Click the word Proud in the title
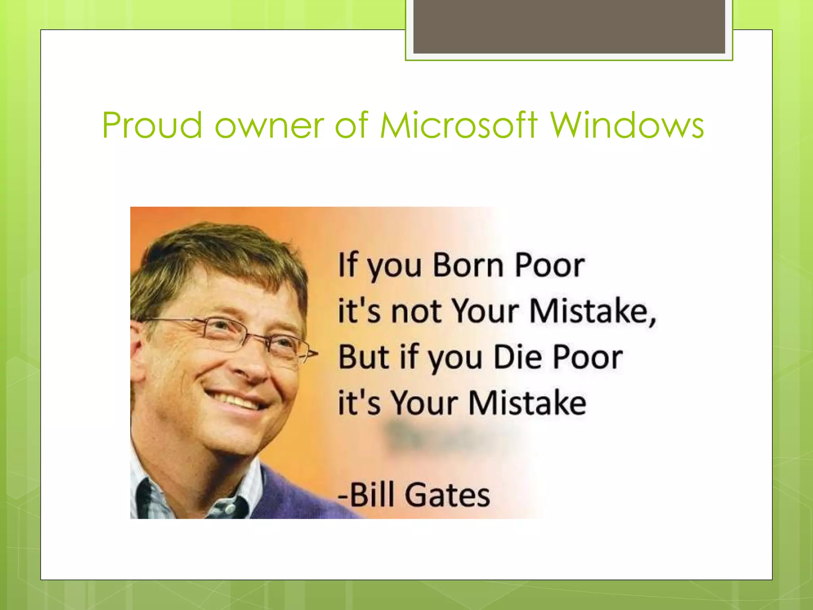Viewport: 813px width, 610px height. click(x=152, y=125)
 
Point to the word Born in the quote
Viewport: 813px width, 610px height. click(x=468, y=265)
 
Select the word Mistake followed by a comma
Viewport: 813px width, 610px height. click(x=592, y=311)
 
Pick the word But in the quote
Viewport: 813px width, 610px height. click(x=363, y=357)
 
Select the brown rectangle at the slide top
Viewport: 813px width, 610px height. click(x=569, y=26)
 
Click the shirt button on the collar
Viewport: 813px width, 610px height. click(x=229, y=508)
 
